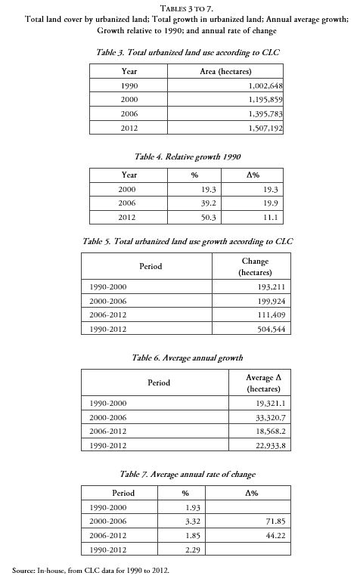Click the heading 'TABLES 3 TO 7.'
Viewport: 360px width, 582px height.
pos(180,7)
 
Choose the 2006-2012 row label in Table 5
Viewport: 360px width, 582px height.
pos(108,315)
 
